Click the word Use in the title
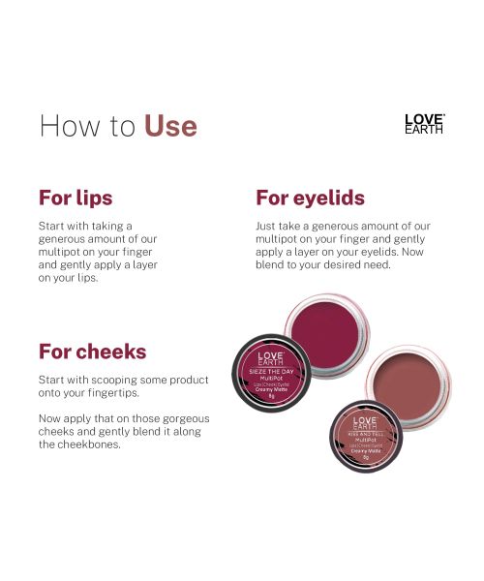(x=170, y=126)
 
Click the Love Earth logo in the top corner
(x=424, y=124)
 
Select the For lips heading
(x=76, y=198)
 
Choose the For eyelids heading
(x=310, y=198)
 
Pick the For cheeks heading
(x=92, y=351)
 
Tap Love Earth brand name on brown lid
(x=365, y=422)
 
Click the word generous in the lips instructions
(x=69, y=238)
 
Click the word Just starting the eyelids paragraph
(x=267, y=226)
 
